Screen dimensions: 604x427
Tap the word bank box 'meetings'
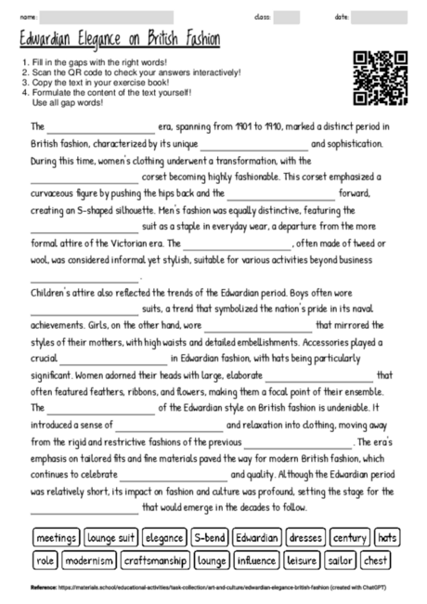tap(56, 538)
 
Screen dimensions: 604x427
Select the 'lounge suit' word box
tap(112, 538)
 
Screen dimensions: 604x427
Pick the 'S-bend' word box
tap(210, 538)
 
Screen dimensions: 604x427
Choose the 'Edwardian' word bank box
tap(257, 538)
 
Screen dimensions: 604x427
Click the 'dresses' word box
tap(305, 538)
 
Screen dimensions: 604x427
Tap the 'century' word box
tap(350, 538)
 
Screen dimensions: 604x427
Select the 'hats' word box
tap(387, 538)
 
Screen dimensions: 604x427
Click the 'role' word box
tap(45, 561)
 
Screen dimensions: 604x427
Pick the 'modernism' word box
tap(90, 561)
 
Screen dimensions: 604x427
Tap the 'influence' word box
tap(256, 561)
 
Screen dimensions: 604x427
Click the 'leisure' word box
tap(303, 561)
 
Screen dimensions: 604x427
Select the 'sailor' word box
tap(343, 561)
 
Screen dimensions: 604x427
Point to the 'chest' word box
tap(377, 561)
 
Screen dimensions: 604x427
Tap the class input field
tap(287, 18)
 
